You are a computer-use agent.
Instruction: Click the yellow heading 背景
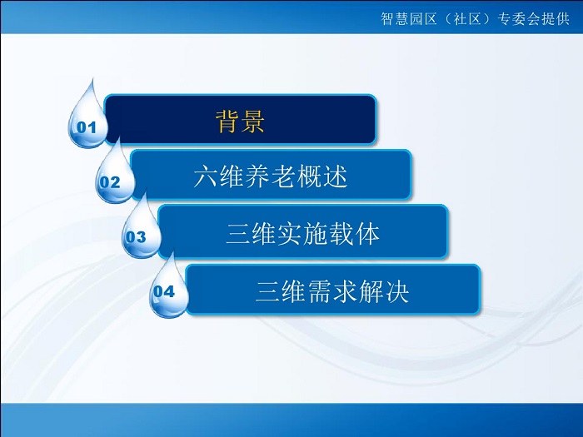240,122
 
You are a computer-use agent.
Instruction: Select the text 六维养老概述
271,176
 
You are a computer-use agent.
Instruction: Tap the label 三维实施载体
302,234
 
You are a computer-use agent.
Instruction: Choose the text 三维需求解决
332,291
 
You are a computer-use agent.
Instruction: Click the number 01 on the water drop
87,127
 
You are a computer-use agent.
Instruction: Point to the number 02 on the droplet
110,182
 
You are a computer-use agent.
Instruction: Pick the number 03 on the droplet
136,237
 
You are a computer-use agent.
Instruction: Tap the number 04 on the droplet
164,291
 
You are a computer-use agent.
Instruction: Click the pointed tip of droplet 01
92,78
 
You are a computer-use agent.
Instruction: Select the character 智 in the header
387,18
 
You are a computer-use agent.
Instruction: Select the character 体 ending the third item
368,234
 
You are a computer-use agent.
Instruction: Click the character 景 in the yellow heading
253,122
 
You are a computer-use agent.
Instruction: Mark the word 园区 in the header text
423,18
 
